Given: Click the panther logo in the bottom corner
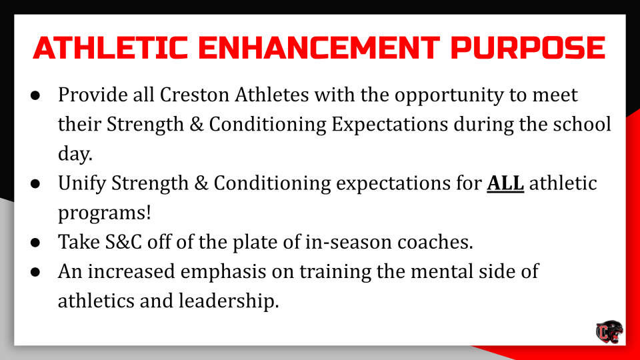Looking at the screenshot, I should [609, 331].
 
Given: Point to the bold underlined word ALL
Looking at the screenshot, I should [505, 184].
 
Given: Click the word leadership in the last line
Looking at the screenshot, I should [228, 301].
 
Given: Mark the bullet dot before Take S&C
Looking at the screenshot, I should [37, 242].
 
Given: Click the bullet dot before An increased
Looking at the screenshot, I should [37, 272].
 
